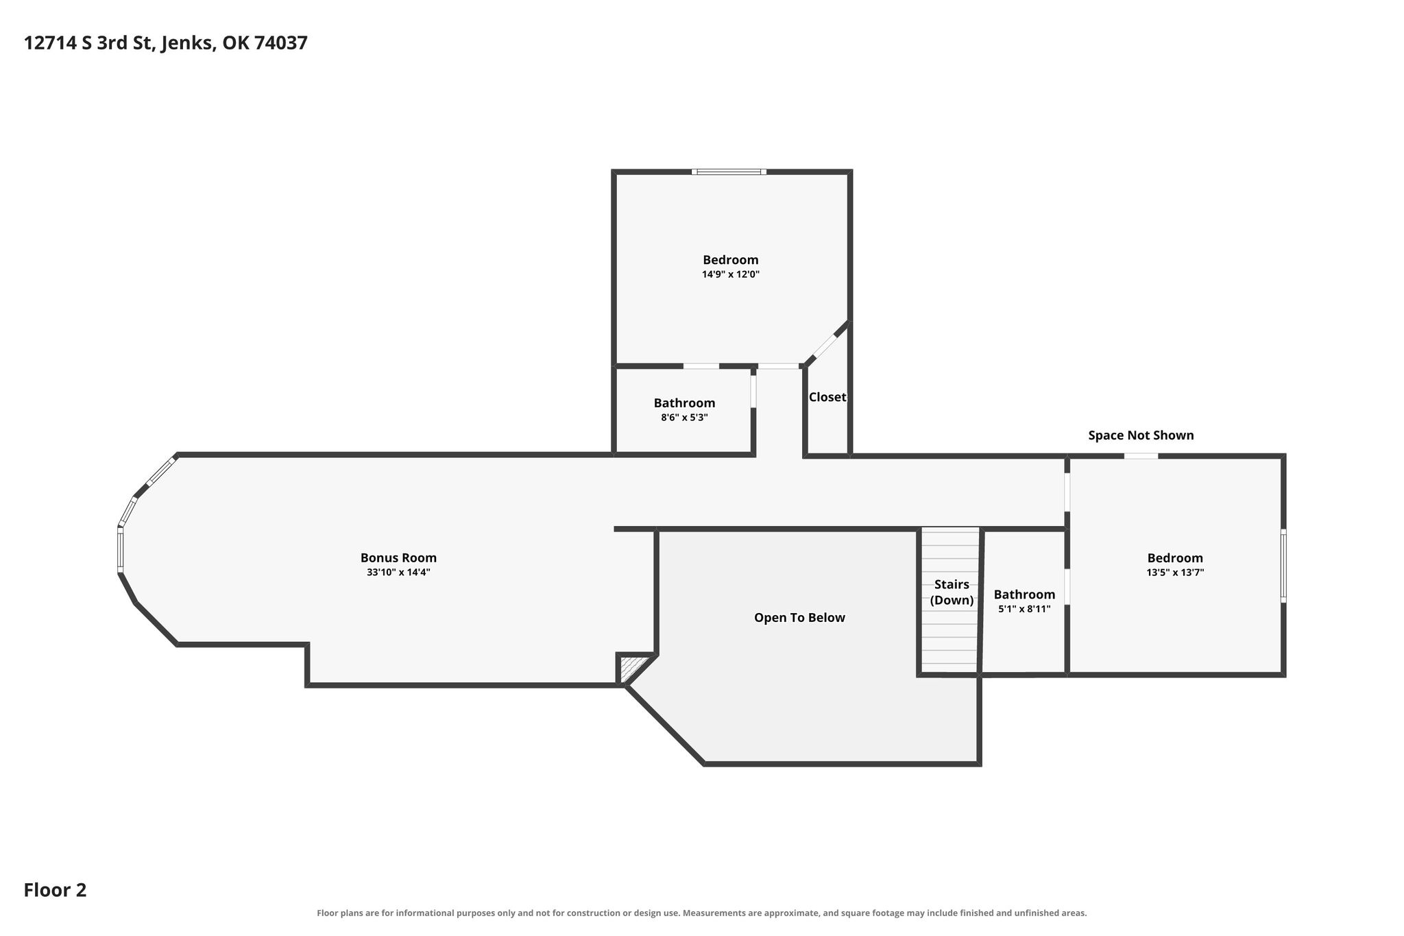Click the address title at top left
166,43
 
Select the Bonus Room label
398,557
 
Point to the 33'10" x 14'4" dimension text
398,572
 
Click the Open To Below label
799,618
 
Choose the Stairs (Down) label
952,592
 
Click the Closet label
827,397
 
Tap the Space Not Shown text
1141,435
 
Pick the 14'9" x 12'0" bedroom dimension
731,274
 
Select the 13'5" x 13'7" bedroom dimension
1175,572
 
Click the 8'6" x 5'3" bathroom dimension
684,417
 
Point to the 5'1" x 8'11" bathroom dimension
1024,608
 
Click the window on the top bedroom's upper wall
729,171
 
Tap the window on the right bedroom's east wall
1283,566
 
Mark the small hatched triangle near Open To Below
631,668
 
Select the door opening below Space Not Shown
1141,455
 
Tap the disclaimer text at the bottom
701,913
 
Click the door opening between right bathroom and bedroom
1067,587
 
